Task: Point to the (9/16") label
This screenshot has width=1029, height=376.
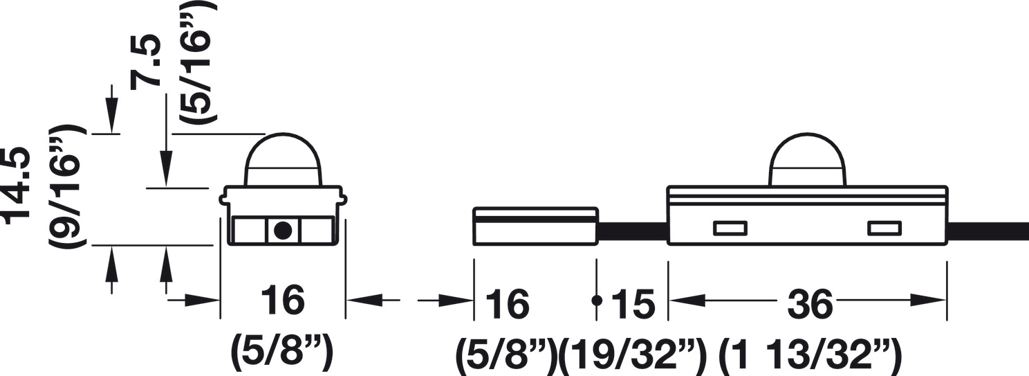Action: click(x=68, y=186)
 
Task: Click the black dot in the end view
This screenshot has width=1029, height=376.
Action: click(x=282, y=231)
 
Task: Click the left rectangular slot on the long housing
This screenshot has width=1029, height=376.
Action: click(x=730, y=228)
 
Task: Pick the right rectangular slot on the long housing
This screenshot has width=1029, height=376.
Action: click(x=884, y=228)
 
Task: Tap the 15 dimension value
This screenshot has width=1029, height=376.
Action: click(x=633, y=304)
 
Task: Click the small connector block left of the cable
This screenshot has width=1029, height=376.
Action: click(x=535, y=225)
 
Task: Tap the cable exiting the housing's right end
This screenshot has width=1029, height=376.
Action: click(x=988, y=232)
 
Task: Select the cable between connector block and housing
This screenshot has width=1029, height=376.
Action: click(x=632, y=232)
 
